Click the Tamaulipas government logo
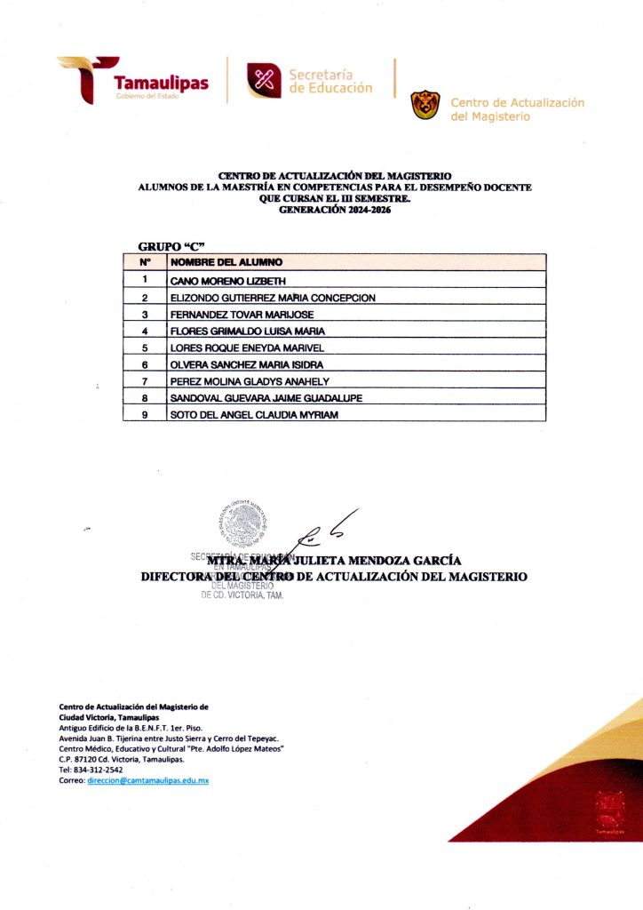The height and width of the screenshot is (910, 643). (133, 81)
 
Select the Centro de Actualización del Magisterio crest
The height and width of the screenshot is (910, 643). (425, 105)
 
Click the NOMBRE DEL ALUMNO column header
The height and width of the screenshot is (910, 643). (226, 262)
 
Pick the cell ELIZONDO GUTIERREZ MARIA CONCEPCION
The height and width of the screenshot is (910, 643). (273, 297)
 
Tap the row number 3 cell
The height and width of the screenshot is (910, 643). (144, 314)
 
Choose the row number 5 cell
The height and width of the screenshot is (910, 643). (144, 347)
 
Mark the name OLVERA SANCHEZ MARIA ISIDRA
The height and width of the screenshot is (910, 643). (247, 364)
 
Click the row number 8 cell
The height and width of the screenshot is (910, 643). (144, 398)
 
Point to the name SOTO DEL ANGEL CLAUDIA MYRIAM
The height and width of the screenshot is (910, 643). (254, 415)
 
